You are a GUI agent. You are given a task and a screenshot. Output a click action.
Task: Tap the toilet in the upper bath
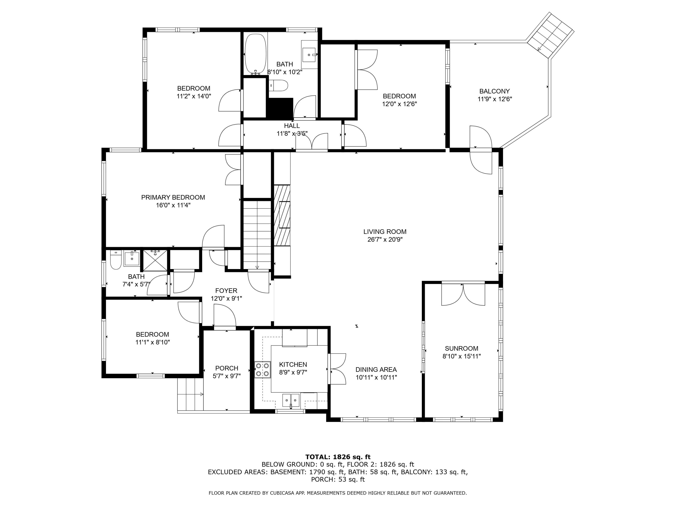[x=279, y=86]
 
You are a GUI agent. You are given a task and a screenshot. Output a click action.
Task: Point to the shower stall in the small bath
[x=155, y=260]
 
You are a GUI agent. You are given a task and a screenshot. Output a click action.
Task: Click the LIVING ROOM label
[x=385, y=232]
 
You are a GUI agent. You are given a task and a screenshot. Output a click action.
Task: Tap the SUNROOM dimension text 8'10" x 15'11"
[x=461, y=356]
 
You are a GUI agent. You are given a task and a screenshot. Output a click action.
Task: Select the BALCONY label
[x=494, y=91]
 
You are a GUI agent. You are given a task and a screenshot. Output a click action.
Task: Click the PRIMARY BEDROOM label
[x=173, y=197]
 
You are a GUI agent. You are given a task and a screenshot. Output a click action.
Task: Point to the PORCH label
[x=226, y=368]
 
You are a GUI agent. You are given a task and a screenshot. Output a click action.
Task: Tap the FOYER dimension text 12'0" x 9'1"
[x=226, y=299]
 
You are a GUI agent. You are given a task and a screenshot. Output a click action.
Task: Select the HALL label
[x=292, y=126]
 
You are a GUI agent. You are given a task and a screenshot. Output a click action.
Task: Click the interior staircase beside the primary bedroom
[x=257, y=235]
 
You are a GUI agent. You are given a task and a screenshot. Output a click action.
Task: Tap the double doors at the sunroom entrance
[x=463, y=294]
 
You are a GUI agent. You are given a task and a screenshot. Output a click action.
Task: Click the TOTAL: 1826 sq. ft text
[x=338, y=457]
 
